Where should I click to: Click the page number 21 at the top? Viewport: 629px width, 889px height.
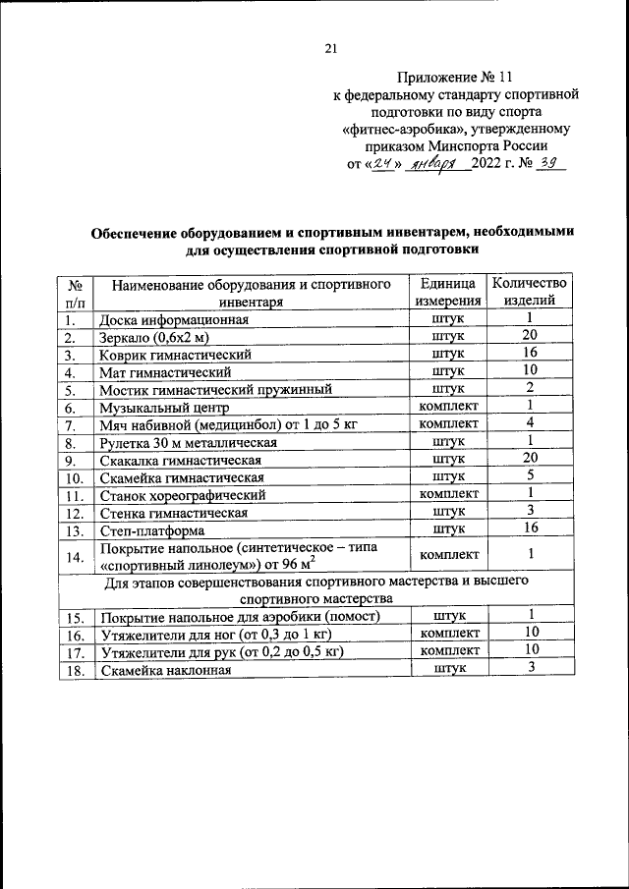pyautogui.click(x=330, y=49)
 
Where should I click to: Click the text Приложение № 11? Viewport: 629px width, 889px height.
pyautogui.click(x=455, y=76)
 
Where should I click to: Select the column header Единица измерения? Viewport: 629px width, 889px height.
pyautogui.click(x=448, y=293)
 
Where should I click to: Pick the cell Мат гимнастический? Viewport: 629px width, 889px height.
pyautogui.click(x=165, y=372)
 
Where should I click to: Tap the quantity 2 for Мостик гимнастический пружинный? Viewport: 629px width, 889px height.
pyautogui.click(x=529, y=389)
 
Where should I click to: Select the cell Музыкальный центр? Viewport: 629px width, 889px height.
pyautogui.click(x=163, y=408)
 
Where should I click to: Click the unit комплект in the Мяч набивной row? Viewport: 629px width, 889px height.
pyautogui.click(x=448, y=425)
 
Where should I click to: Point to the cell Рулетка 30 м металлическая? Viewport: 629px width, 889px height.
pyautogui.click(x=188, y=443)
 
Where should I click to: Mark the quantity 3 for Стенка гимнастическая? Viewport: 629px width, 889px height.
pyautogui.click(x=529, y=512)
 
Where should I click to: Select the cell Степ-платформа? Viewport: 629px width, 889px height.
pyautogui.click(x=150, y=530)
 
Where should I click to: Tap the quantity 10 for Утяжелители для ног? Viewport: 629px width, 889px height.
pyautogui.click(x=529, y=634)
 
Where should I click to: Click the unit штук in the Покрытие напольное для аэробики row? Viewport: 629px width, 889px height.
pyautogui.click(x=448, y=616)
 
